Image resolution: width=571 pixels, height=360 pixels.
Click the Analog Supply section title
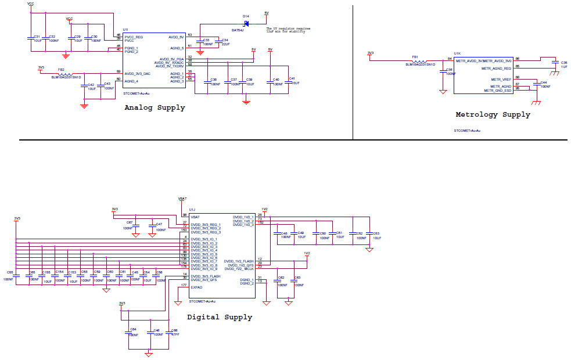tap(155, 107)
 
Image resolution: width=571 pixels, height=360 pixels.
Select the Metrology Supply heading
tap(493, 114)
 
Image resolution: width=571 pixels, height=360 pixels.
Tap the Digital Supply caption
tap(220, 317)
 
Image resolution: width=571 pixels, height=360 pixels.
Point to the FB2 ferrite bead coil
tap(64, 74)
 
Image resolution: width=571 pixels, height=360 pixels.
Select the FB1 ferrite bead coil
tap(419, 61)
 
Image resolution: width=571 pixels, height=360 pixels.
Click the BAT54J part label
tap(238, 30)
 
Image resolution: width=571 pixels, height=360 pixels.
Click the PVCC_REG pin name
tap(134, 37)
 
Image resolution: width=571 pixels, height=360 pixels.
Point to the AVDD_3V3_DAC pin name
tap(138, 74)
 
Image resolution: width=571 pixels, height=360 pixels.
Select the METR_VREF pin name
tap(501, 79)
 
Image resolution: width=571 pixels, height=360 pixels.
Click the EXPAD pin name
tap(196, 287)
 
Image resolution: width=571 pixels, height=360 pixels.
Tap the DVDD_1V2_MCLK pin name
tap(239, 269)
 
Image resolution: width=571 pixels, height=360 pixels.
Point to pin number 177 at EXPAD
tap(184, 285)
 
